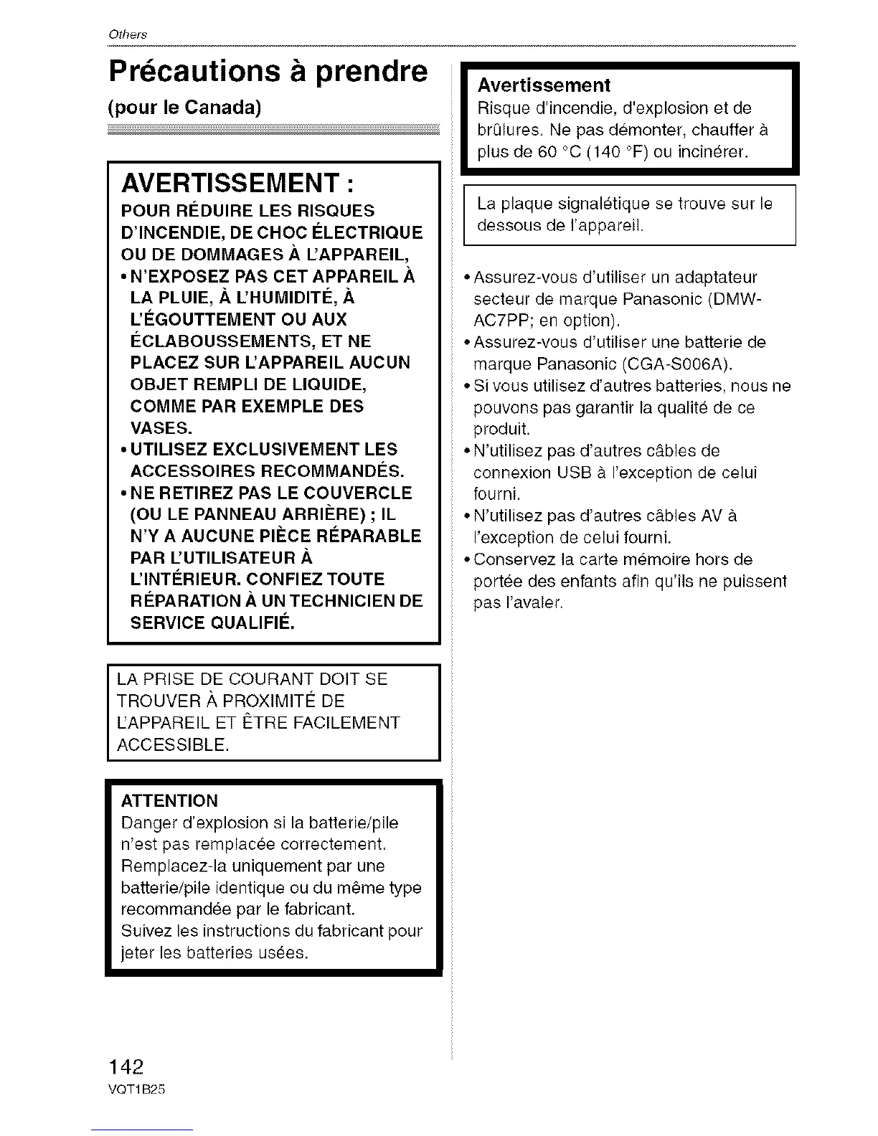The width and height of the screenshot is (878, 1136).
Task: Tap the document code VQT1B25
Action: point(136,1089)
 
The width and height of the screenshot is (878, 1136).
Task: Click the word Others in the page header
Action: point(127,35)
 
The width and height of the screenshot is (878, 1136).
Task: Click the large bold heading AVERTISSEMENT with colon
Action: point(237,184)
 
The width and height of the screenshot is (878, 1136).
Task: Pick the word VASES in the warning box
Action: point(161,428)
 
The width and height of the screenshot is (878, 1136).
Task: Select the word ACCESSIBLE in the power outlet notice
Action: point(172,744)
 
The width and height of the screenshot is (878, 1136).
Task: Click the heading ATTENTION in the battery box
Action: point(169,800)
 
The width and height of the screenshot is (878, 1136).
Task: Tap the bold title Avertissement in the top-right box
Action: point(544,85)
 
